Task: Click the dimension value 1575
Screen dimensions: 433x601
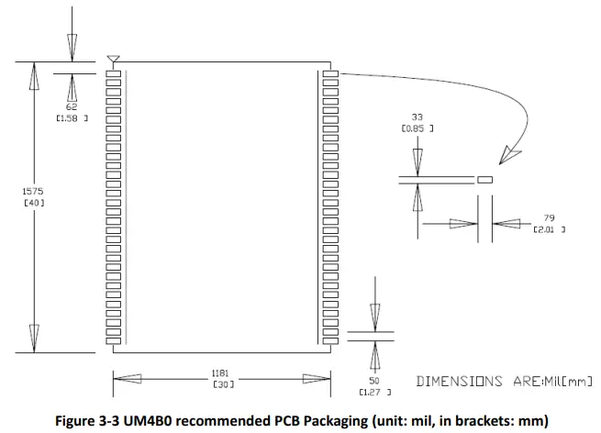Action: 33,191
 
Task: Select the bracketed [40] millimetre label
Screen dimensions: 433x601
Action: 33,202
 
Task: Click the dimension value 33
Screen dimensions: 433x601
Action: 417,117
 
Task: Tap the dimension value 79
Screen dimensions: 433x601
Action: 549,218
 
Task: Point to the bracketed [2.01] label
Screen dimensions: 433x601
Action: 550,229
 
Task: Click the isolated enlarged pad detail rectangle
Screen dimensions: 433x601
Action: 485,180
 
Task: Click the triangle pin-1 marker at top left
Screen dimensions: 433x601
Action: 113,61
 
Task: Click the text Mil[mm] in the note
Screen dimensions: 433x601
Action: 568,381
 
